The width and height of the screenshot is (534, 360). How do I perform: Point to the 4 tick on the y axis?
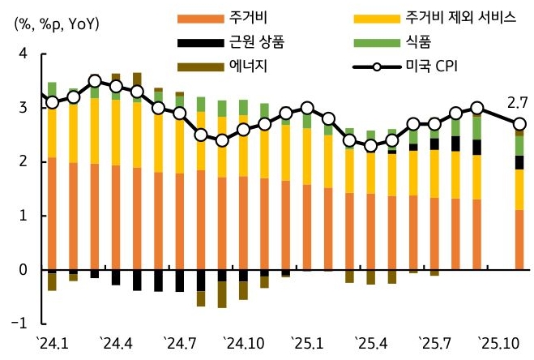[x=23, y=54]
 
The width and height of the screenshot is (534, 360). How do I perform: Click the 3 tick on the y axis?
[x=23, y=108]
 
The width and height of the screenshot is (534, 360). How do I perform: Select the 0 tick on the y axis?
[x=23, y=269]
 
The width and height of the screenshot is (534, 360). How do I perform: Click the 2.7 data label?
[x=517, y=102]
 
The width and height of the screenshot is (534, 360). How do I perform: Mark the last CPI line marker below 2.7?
[x=519, y=124]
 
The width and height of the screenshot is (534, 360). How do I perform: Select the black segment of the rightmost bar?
[x=519, y=162]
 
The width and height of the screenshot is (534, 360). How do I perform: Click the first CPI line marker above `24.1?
[x=52, y=103]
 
